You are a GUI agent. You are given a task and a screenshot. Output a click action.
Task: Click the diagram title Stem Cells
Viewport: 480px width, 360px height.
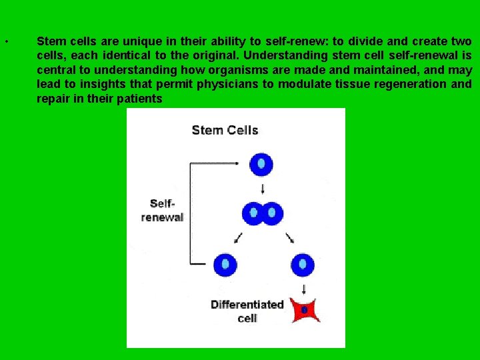click(x=225, y=130)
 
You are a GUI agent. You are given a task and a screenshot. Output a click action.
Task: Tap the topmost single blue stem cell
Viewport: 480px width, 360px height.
click(x=261, y=163)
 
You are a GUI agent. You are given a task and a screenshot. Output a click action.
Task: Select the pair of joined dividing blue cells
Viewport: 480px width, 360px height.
click(x=262, y=213)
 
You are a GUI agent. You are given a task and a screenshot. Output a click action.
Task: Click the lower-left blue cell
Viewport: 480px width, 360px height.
click(x=225, y=264)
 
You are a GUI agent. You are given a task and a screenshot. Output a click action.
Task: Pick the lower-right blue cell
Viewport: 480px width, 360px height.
click(x=303, y=264)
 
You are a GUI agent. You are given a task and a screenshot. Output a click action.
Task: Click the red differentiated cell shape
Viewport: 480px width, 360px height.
click(x=304, y=310)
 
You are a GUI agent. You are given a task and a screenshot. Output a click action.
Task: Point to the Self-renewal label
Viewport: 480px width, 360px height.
click(x=162, y=211)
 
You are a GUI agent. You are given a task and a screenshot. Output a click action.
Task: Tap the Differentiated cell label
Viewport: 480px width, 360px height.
click(x=247, y=311)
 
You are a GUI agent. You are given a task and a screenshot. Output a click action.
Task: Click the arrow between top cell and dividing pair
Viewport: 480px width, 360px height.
click(x=262, y=188)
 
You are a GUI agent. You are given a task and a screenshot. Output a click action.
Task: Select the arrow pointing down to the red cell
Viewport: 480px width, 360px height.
click(x=304, y=289)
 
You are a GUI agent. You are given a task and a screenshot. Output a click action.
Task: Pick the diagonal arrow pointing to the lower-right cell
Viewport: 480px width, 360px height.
click(x=290, y=237)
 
